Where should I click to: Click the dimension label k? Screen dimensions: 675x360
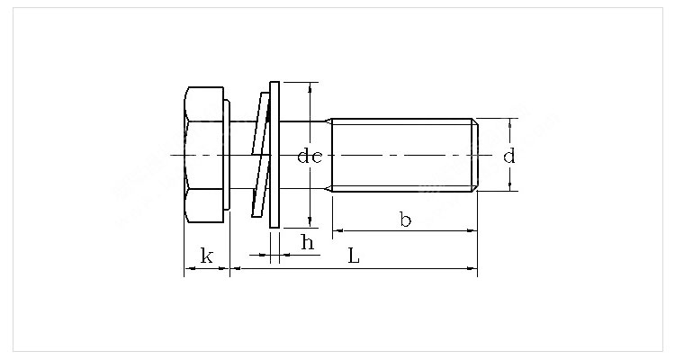(207, 256)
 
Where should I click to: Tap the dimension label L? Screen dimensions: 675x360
(354, 256)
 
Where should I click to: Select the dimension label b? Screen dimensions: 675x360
(405, 220)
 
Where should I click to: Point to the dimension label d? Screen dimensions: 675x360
(508, 156)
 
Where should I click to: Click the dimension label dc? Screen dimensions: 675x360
(310, 156)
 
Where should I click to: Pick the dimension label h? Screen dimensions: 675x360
(308, 242)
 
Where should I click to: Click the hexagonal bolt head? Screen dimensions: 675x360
(203, 155)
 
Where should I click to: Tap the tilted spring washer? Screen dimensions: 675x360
(261, 155)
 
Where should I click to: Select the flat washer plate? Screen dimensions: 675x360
(274, 155)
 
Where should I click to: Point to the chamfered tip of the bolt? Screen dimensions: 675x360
(475, 155)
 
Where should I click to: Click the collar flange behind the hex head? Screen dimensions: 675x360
(227, 155)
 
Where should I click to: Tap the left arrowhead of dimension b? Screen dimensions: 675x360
(337, 230)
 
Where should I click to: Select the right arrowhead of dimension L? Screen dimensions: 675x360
(472, 269)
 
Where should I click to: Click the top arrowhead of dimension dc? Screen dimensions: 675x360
(310, 87)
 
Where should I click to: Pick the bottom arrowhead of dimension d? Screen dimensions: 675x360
(510, 186)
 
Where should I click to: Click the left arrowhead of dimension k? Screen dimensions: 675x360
(189, 269)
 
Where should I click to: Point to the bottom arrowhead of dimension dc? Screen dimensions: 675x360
(310, 222)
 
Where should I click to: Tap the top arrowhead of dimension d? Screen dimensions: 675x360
(510, 123)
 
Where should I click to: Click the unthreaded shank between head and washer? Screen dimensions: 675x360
(241, 155)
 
